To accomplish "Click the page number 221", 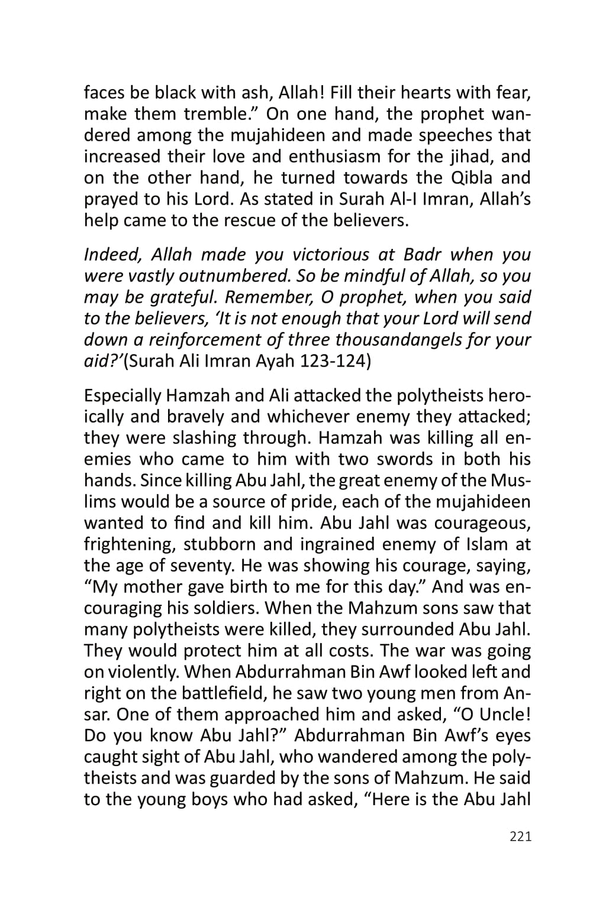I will [520, 836].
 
